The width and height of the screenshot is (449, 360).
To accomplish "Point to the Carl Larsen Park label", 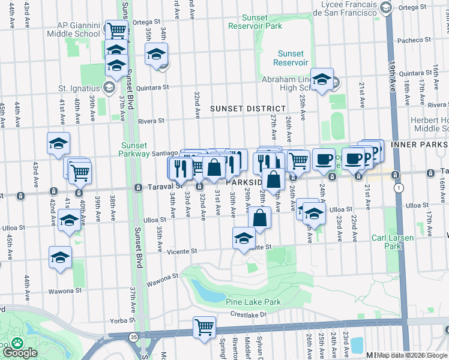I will click(x=393, y=242).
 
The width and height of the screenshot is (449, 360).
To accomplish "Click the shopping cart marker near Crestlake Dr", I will click(x=204, y=328).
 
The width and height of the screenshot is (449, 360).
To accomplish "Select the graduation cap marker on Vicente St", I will click(x=244, y=238).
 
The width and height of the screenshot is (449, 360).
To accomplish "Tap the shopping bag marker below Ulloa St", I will click(x=259, y=217).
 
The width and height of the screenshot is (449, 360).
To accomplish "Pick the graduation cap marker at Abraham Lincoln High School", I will click(x=322, y=80).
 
